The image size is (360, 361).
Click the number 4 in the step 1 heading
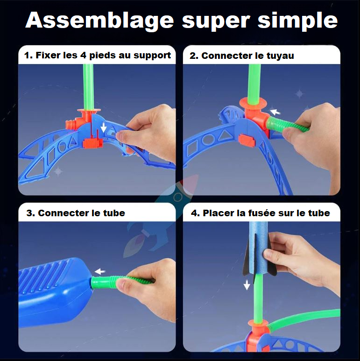[x=83, y=55]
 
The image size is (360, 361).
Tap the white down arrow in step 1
[x=104, y=127]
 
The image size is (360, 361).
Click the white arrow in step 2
[x=275, y=112]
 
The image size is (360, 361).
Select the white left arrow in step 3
[x=100, y=271]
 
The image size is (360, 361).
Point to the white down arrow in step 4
[x=247, y=285]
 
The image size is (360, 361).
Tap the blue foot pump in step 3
[x=55, y=291]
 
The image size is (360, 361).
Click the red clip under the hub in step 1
[x=93, y=143]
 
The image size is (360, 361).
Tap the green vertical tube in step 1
[x=88, y=87]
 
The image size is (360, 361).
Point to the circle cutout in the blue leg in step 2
[x=208, y=140]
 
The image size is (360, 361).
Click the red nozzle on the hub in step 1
[x=71, y=124]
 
